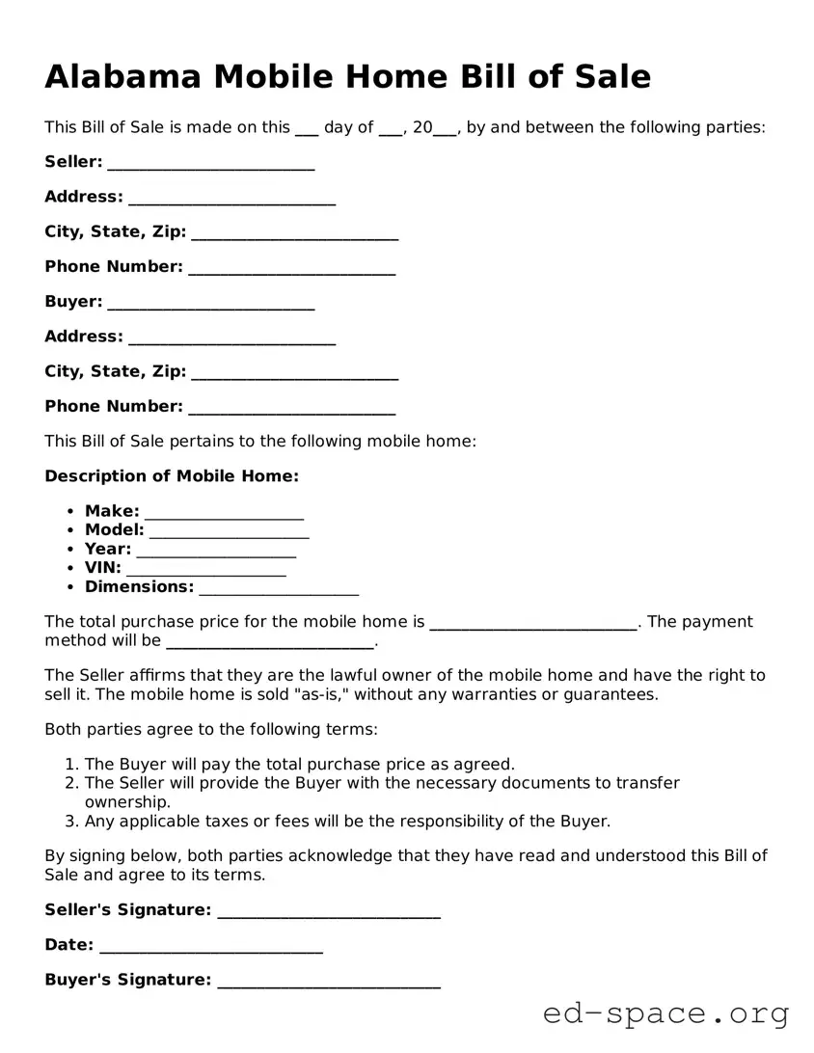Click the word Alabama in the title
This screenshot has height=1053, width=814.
point(123,76)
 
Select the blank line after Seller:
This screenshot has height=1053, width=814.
point(210,163)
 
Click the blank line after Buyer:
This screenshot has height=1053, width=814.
point(210,303)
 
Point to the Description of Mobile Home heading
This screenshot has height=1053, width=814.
point(172,476)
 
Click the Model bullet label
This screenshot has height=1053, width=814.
point(114,530)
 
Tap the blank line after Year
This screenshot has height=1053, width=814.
point(216,551)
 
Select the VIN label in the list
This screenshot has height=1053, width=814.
point(102,568)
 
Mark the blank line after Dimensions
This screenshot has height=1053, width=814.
point(279,588)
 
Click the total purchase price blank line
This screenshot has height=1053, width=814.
point(532,623)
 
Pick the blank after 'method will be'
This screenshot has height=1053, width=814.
point(270,642)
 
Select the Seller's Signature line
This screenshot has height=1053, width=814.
point(329,911)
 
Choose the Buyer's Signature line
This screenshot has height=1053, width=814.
point(329,982)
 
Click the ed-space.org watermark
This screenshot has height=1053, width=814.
point(665,1013)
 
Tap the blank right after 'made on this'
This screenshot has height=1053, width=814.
point(307,128)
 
